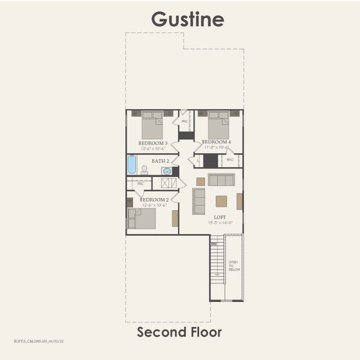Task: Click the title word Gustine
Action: pos(187,19)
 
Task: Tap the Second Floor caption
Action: pos(179,332)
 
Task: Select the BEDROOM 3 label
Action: pos(152,143)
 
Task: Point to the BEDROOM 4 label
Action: pos(216,142)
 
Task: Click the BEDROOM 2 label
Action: pos(154,200)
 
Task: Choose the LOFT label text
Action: pos(220,217)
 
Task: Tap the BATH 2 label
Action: pos(160,161)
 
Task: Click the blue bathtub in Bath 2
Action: pos(131,164)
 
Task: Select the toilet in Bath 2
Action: pos(144,170)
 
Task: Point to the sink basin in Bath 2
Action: pos(167,170)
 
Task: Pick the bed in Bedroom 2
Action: pos(142,218)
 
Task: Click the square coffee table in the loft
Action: pos(221,201)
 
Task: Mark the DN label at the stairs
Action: pos(214,244)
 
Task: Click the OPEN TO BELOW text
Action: pos(233,268)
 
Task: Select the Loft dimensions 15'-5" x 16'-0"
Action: pos(220,223)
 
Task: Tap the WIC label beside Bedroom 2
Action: pos(140,184)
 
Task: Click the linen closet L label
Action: pos(197,160)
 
